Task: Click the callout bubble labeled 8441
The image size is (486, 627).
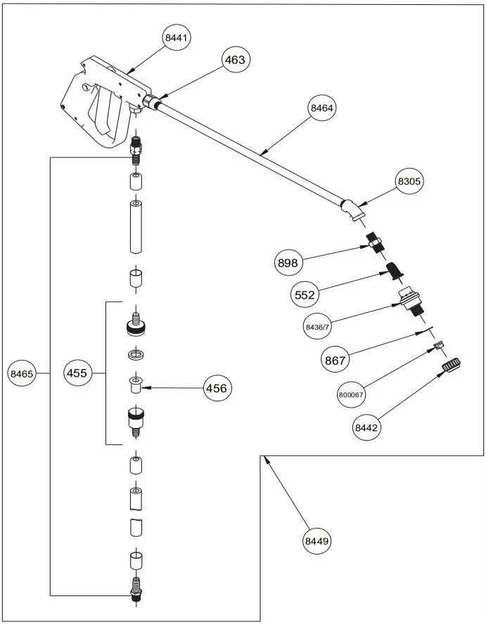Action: [x=177, y=37]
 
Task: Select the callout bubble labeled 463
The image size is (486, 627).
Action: [x=235, y=60]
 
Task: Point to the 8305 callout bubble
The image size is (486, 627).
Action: [x=409, y=181]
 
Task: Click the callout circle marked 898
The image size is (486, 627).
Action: [x=288, y=263]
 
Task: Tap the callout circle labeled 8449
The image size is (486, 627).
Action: [x=316, y=541]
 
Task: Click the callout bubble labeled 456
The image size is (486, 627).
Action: [x=218, y=387]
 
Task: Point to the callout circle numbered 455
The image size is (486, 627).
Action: [x=77, y=373]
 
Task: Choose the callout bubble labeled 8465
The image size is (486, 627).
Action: [x=22, y=375]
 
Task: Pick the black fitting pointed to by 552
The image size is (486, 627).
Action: [x=394, y=271]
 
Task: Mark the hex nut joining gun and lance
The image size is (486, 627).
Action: [x=149, y=103]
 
